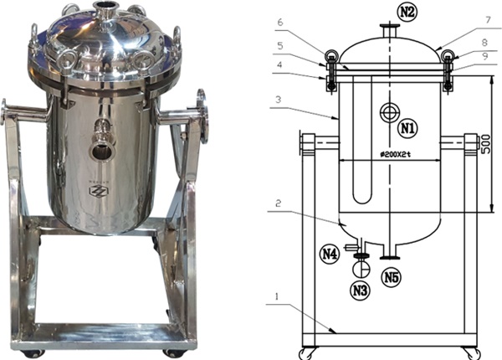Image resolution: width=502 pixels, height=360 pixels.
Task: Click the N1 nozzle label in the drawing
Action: [407, 128]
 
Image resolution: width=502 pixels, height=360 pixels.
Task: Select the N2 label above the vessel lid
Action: [407, 11]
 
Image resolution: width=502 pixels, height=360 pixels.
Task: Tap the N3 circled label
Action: [361, 291]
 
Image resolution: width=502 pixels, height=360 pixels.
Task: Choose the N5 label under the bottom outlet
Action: [391, 275]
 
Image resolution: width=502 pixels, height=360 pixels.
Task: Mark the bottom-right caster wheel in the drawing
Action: [475, 349]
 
